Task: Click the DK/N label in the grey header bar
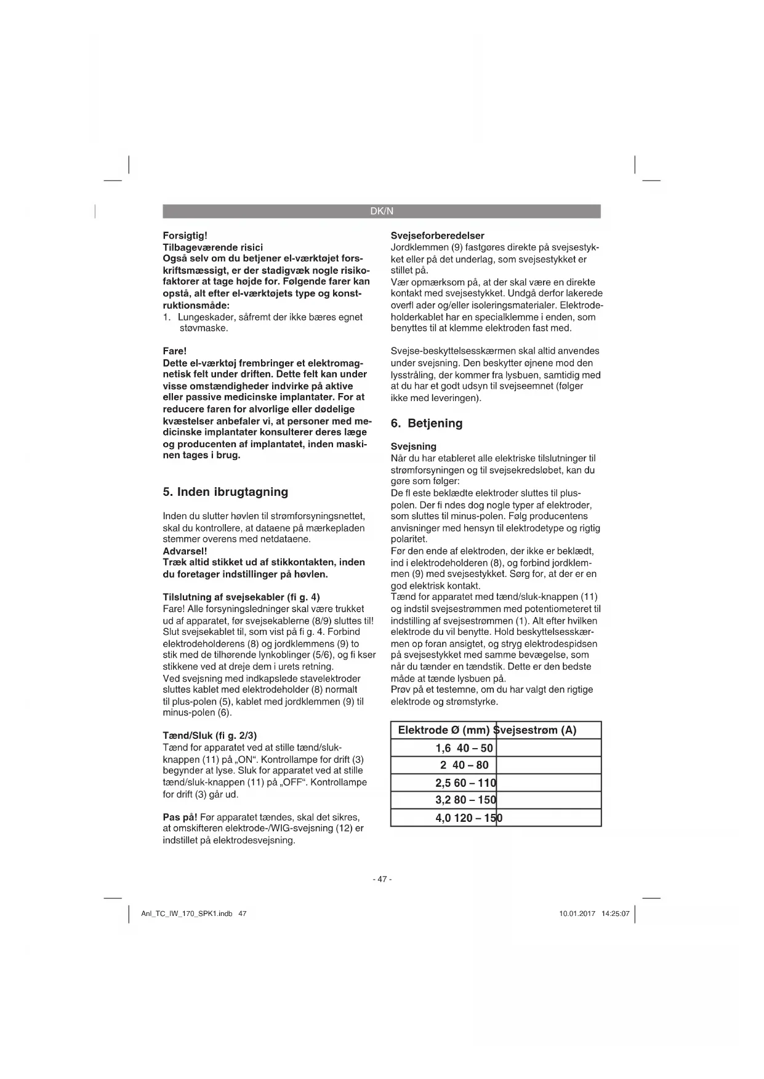point(381,212)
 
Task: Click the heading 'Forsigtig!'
point(185,236)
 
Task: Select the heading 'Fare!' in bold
point(174,351)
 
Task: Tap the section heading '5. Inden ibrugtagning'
point(225,492)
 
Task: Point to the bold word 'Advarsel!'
point(185,551)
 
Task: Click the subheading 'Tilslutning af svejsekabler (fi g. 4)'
point(241,597)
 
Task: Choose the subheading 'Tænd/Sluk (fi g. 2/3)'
point(209,736)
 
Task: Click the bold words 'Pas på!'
point(180,817)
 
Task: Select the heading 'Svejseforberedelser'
point(438,236)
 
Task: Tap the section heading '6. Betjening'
point(427,423)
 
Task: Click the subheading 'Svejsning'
point(414,447)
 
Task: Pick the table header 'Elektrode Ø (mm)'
point(443,730)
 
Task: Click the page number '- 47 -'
point(382,879)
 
